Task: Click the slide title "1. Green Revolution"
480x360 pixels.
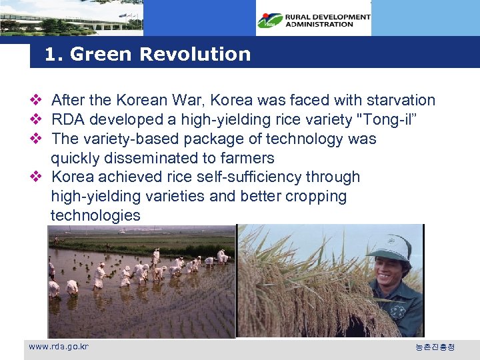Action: (x=147, y=54)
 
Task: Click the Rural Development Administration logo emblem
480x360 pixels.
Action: (x=270, y=21)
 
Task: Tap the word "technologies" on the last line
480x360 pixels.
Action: (x=95, y=215)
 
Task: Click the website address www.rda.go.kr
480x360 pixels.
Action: (x=58, y=347)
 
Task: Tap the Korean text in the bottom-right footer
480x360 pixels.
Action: (x=435, y=347)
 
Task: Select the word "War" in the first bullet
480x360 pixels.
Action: (x=194, y=101)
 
